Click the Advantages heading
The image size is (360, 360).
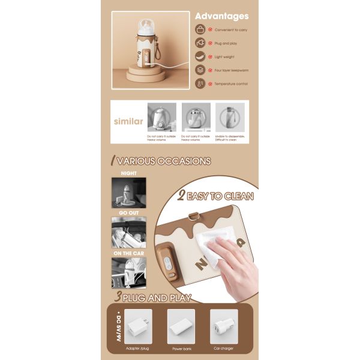point(221,16)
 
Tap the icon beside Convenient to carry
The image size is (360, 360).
point(200,29)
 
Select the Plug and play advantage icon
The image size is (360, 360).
point(200,43)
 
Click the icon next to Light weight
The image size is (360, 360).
point(200,56)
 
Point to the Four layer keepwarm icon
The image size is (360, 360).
point(200,70)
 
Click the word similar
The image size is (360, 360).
point(128,121)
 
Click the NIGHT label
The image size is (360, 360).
point(128,173)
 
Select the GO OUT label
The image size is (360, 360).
point(128,213)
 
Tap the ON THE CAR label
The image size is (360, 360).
point(128,253)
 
